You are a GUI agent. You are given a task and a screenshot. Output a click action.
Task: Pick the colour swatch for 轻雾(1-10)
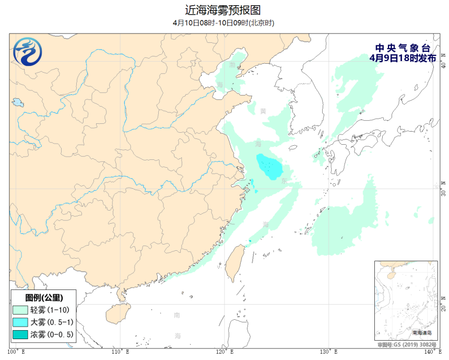click(x=20, y=310)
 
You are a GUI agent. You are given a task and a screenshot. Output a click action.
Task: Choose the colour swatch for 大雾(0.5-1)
click(x=20, y=322)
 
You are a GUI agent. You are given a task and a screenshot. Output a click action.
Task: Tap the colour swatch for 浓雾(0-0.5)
click(x=20, y=334)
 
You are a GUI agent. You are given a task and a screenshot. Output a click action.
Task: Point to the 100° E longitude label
click(x=17, y=352)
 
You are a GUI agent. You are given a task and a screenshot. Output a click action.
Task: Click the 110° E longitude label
click(x=121, y=352)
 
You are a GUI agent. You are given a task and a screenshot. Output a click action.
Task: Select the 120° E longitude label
click(x=225, y=352)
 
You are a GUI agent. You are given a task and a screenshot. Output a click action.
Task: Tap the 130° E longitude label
click(x=329, y=352)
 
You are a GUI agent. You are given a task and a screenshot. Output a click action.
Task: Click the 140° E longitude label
click(x=431, y=352)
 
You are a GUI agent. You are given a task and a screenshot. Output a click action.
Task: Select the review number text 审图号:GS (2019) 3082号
click(x=407, y=345)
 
